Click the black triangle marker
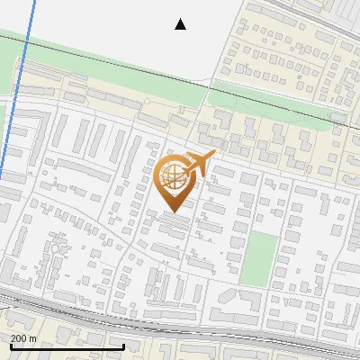[180, 24]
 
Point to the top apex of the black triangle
[180, 19]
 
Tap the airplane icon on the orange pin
[200, 164]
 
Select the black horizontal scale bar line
[66, 346]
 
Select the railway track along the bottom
[180, 326]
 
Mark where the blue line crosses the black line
[23, 36]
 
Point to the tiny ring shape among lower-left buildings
[59, 244]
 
